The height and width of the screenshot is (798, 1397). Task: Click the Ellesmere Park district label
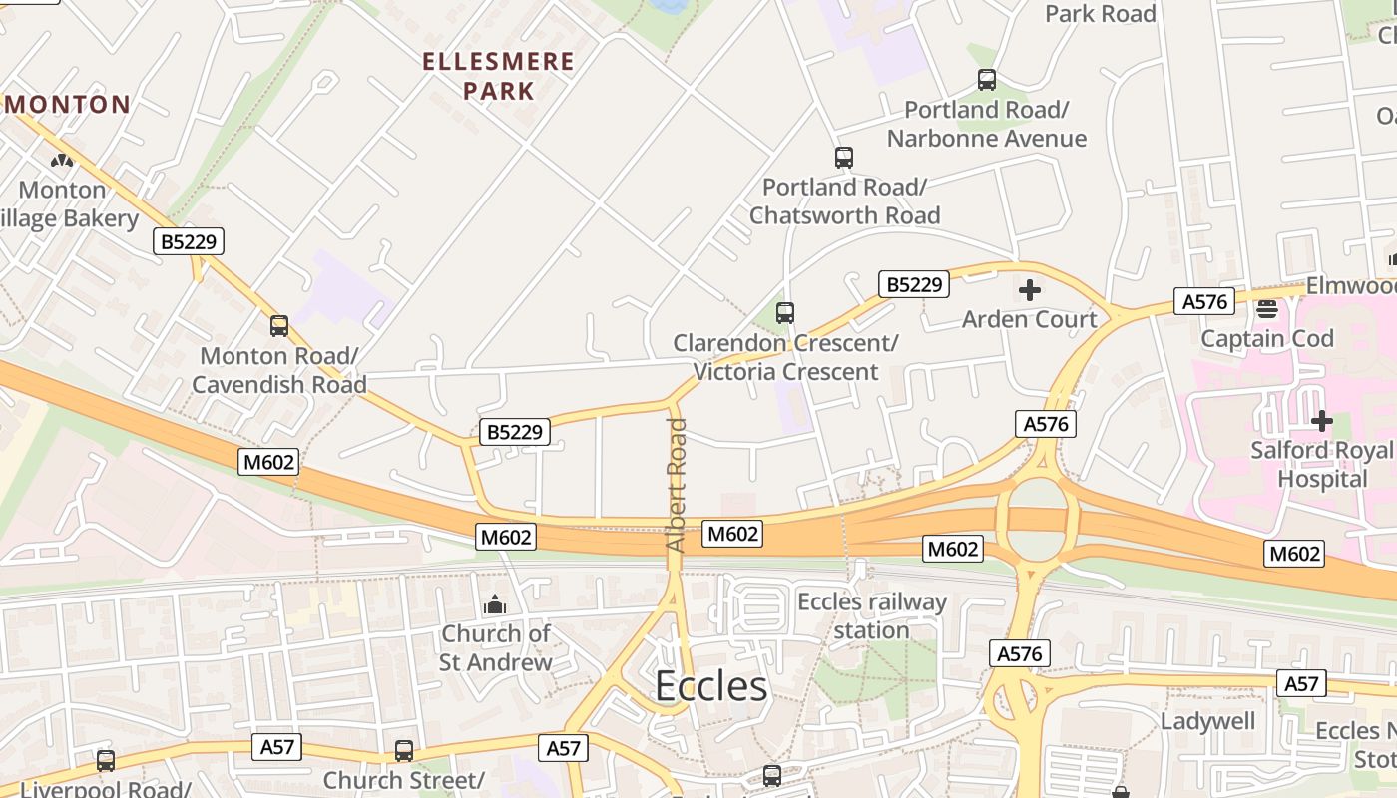coord(498,76)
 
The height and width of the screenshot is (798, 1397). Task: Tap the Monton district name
coord(69,104)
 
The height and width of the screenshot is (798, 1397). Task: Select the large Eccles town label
coord(710,686)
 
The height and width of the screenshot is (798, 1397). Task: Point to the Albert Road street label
coord(677,486)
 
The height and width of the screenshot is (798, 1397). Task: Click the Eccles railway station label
coord(871,615)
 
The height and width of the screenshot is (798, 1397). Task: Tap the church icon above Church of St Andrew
coord(495,604)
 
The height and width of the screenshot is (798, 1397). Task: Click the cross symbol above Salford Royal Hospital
coord(1322,421)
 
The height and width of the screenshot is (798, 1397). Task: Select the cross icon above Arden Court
coord(1029,290)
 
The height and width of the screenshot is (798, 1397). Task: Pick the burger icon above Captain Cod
coord(1267,309)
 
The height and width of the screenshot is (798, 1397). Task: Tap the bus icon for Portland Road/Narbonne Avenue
coord(987,80)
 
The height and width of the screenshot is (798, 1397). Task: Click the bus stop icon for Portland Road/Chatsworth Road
coord(844,158)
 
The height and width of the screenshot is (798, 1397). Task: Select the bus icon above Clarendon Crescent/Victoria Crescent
coord(785,313)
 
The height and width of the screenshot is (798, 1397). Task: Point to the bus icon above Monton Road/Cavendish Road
coord(279,325)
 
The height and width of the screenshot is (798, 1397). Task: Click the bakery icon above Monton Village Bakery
coord(62,160)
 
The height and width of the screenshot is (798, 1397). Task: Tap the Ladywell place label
coord(1207,720)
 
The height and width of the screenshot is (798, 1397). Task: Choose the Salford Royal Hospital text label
coord(1322,464)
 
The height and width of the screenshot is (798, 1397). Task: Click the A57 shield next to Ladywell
coord(1301,684)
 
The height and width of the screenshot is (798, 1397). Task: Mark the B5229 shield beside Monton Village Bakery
coord(189,241)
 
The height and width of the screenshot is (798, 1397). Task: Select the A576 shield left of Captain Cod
coord(1206,301)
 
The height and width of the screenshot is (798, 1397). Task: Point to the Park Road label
coord(1100,14)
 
